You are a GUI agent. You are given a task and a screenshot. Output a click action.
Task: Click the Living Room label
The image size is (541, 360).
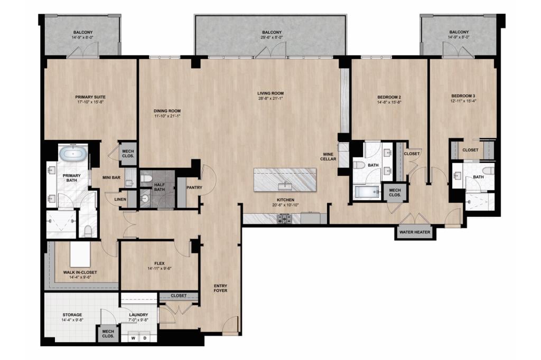click(270, 93)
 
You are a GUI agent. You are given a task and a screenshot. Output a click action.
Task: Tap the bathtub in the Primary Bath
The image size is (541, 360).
click(72, 154)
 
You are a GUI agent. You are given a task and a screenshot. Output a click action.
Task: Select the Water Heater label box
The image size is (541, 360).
click(415, 232)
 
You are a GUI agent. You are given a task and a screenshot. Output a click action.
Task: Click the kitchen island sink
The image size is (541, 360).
click(285, 186)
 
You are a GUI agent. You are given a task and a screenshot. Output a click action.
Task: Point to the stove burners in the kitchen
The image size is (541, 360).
click(285, 219)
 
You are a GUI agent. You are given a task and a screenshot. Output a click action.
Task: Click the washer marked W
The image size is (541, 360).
click(133, 338)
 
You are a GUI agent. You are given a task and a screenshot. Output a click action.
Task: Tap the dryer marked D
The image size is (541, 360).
click(145, 338)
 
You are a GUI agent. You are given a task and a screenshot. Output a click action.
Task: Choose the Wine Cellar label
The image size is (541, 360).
click(328, 157)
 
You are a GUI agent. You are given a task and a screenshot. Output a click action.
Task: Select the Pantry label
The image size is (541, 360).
click(194, 187)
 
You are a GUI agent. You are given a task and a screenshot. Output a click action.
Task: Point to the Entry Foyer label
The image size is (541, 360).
click(220, 288)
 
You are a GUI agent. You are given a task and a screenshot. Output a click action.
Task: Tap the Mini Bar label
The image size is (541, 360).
click(111, 177)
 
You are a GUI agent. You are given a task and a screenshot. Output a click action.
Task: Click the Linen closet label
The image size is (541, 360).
click(120, 200)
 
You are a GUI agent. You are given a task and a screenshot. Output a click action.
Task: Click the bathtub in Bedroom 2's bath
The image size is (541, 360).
click(367, 192)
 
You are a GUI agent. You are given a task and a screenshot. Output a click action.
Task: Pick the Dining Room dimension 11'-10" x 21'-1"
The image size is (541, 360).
click(167, 116)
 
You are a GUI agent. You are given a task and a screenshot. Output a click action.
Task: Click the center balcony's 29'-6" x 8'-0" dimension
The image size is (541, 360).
click(272, 37)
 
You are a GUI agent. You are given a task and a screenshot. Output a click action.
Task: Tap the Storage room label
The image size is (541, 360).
click(72, 315)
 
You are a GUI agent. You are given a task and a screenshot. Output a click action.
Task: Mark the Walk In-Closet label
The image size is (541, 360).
click(80, 272)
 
